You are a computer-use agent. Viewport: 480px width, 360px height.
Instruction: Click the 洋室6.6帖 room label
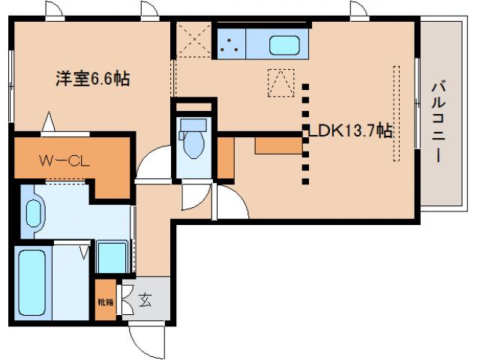click(x=91, y=78)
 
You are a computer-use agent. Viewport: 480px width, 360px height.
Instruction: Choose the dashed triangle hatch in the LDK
click(x=281, y=82)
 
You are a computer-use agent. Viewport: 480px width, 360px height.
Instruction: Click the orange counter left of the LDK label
click(x=278, y=144)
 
